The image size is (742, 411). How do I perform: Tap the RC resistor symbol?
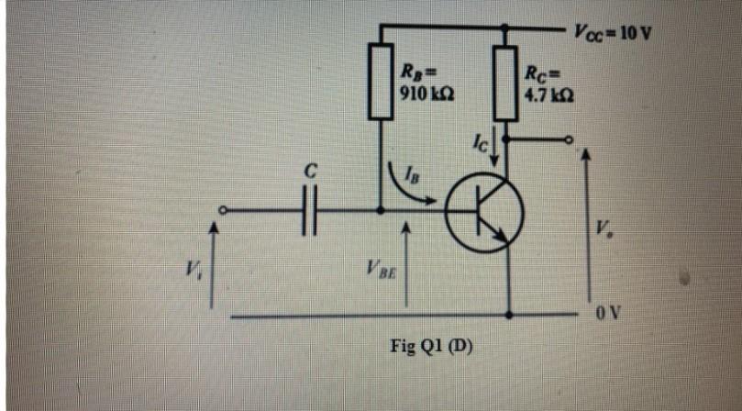[x=505, y=83]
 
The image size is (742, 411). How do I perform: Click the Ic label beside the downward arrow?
[x=478, y=142]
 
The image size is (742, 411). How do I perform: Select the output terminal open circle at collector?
[x=569, y=140]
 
